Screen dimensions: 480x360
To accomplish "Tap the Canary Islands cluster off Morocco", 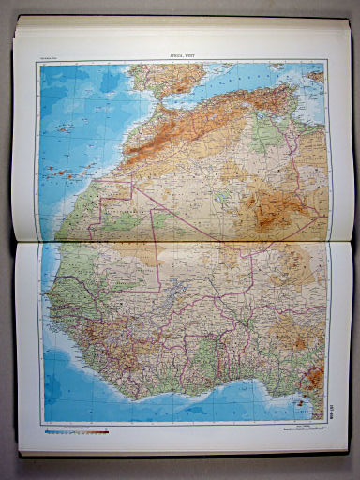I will (x=70, y=170).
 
